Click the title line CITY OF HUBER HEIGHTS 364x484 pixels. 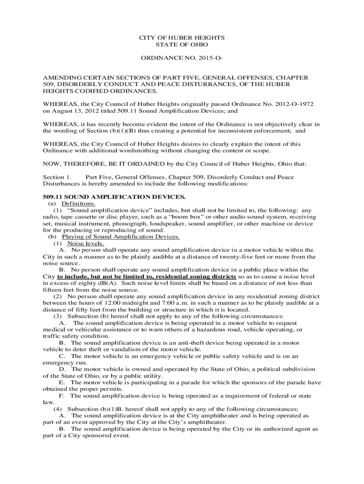[x=182, y=37]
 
